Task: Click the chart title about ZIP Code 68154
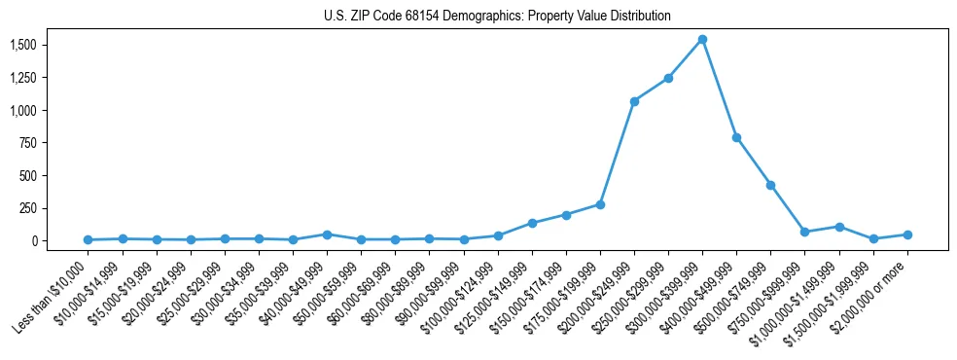pos(497,17)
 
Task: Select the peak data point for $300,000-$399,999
pos(702,40)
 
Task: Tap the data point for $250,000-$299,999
pos(668,78)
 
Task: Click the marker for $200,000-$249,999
pos(634,101)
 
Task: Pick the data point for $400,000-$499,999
pos(736,137)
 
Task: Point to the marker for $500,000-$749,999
pos(770,185)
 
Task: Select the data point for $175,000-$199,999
pos(600,204)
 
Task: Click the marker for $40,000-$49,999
pos(327,234)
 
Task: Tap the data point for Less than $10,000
pos(88,239)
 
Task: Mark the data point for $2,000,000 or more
pos(907,234)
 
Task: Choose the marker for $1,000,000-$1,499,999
pos(839,227)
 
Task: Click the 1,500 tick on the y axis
pos(23,46)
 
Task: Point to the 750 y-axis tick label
pos(28,143)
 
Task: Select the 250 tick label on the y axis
pos(28,208)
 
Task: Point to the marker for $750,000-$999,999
pos(805,232)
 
